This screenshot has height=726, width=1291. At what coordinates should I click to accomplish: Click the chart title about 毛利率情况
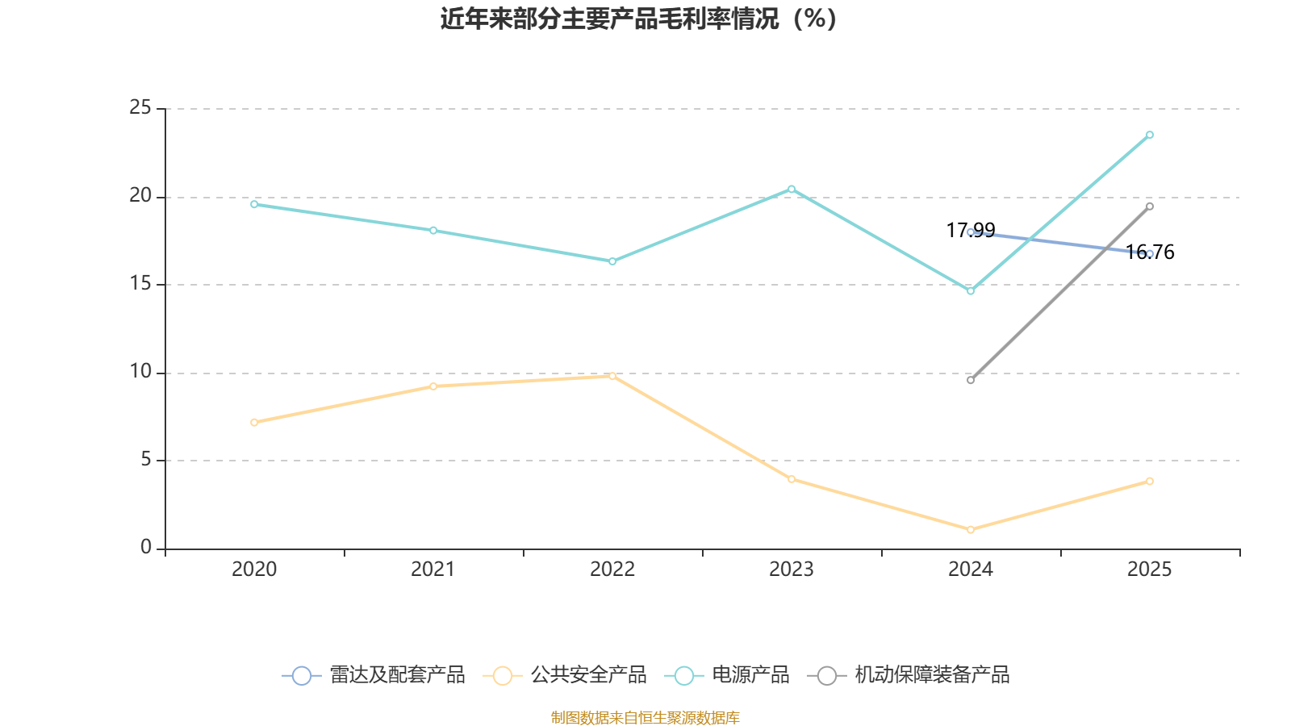coord(638,19)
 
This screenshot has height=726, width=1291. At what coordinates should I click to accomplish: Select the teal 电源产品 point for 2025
coord(1150,135)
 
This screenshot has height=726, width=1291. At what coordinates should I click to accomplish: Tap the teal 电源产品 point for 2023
coord(792,189)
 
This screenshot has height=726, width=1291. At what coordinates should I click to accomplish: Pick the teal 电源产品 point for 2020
coord(254,204)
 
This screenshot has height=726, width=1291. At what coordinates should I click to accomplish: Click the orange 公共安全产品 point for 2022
coord(612,376)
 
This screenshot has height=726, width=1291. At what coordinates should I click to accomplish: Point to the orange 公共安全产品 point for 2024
coord(971,529)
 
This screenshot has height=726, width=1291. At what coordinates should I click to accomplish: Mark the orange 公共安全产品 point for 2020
coord(254,422)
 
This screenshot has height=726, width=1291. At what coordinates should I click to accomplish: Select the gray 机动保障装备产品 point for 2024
coord(971,380)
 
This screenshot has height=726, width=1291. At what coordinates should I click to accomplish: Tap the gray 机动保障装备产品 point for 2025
coord(1150,207)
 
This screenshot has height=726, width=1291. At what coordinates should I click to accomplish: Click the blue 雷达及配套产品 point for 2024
coord(971,232)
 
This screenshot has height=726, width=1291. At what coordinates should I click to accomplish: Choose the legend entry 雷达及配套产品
coord(374,675)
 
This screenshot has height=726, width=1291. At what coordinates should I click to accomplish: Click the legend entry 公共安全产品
coord(566,675)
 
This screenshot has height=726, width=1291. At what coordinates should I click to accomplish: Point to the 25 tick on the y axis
coord(140,107)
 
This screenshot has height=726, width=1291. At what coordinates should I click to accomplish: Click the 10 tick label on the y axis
coord(140,372)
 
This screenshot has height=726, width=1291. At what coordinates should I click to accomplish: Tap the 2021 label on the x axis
coord(433,570)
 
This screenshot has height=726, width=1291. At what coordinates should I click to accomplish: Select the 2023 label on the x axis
coord(792,570)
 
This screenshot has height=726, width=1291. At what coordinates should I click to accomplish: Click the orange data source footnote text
coord(645,717)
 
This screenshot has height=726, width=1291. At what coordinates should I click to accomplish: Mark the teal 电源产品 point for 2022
coord(612,261)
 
